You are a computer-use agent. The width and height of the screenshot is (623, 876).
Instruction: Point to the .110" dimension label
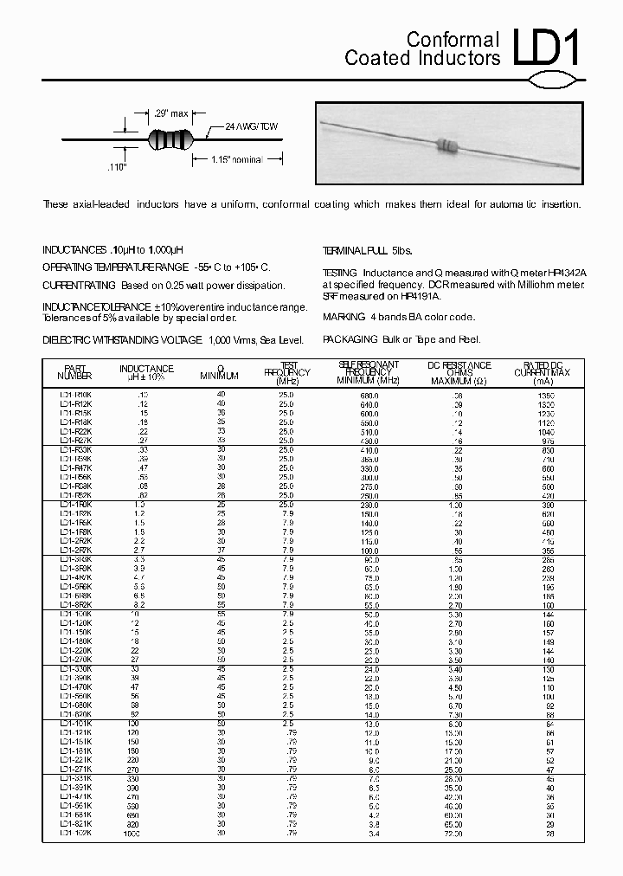[116, 166]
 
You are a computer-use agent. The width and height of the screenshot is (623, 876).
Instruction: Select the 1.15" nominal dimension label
[234, 159]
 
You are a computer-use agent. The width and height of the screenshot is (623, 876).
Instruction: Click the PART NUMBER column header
[74, 371]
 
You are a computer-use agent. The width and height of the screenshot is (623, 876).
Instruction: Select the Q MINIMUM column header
[220, 371]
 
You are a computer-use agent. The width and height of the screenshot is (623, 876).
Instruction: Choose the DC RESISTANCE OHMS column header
[459, 373]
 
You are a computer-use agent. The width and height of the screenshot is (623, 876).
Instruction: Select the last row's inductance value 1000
[132, 834]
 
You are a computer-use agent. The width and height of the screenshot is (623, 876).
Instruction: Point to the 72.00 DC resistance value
[453, 834]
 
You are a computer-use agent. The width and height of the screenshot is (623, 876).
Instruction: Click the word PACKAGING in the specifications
[350, 340]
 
